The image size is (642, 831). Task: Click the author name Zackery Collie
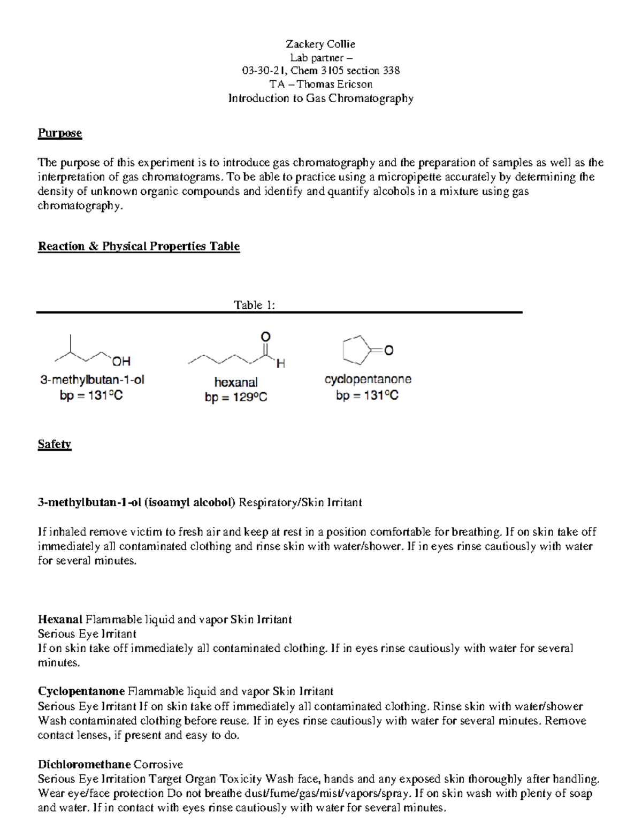coord(320,44)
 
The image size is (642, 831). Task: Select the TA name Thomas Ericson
coord(335,84)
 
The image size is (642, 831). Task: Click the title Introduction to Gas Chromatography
coord(320,98)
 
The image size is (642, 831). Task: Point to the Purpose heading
coord(59,133)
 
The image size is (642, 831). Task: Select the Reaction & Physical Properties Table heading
coord(139,246)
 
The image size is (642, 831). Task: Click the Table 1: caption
coord(254,305)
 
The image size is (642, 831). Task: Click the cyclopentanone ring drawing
coord(356,349)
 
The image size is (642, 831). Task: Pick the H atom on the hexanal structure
coord(280,364)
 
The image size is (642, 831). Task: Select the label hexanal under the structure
coord(236,382)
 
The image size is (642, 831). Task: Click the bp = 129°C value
coord(236,398)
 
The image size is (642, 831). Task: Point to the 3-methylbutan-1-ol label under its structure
coord(92,380)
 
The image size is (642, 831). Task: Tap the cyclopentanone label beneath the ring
coord(368,379)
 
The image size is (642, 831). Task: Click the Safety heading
coord(54,444)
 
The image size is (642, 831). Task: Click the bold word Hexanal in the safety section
coord(60,620)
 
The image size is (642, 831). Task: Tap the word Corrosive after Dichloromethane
coord(158,764)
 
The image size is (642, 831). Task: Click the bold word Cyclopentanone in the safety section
coord(81,691)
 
